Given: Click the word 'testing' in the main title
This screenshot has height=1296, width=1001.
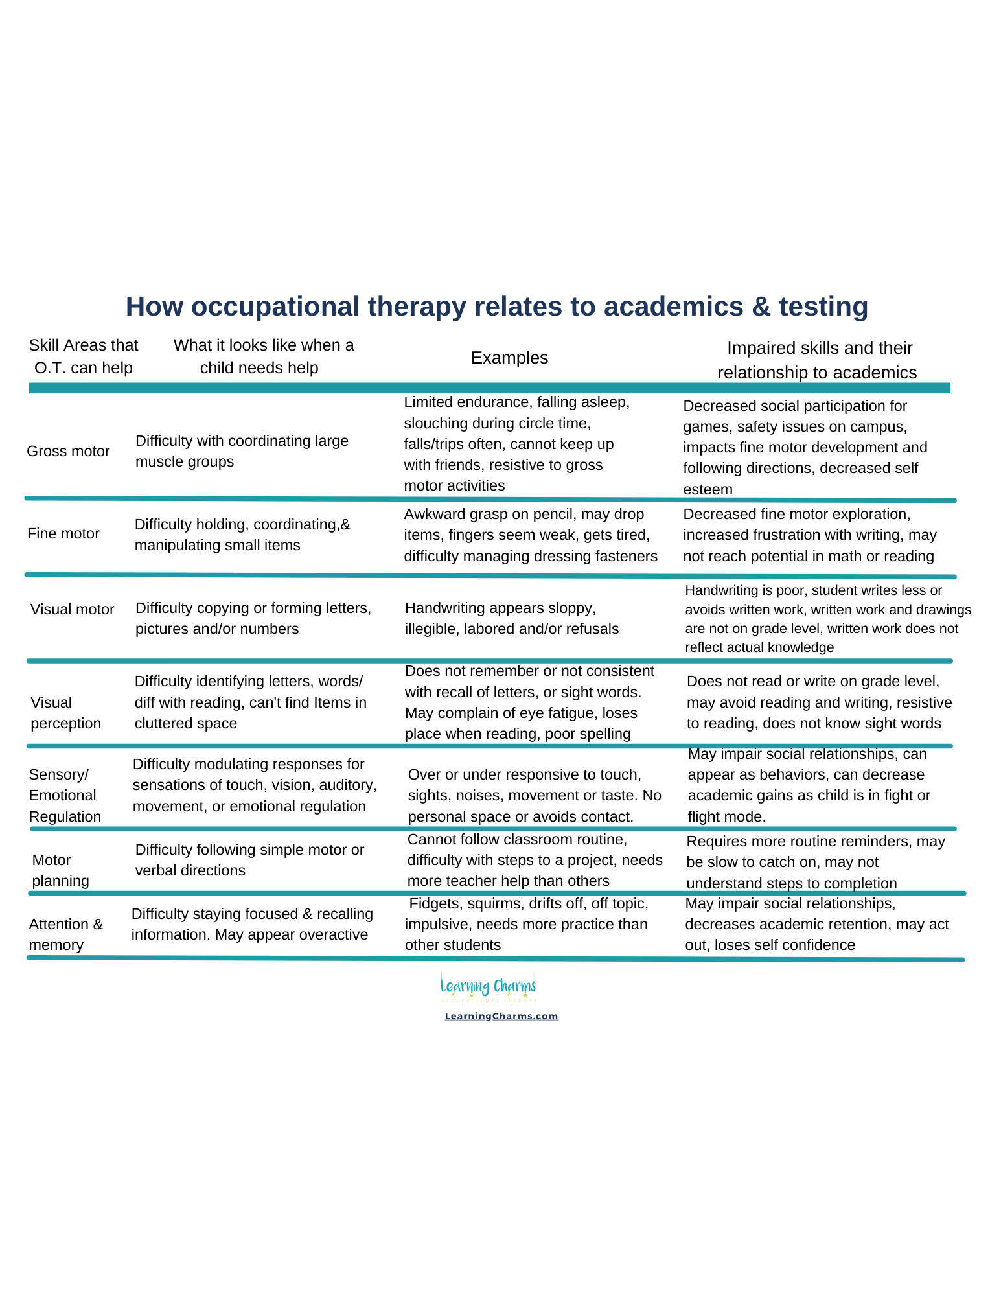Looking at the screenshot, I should tap(823, 307).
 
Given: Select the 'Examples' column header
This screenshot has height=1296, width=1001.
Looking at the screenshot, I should tap(509, 358).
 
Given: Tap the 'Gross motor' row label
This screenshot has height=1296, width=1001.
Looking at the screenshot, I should tap(68, 451).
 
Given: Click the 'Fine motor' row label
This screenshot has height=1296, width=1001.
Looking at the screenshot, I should tap(63, 533).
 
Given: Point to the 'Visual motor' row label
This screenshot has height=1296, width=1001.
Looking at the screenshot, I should tap(72, 609).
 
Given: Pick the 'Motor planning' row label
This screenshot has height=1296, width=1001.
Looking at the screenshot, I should tap(60, 870).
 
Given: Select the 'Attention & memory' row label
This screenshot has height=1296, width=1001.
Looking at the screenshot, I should tap(65, 934).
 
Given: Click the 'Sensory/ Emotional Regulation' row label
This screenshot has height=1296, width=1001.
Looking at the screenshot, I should tap(64, 795).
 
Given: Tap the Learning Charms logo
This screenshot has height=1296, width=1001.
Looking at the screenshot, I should tap(489, 987).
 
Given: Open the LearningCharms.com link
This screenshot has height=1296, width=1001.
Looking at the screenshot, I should tap(501, 1016).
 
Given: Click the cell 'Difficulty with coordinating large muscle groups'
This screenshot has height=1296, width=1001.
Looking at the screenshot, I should tap(241, 451).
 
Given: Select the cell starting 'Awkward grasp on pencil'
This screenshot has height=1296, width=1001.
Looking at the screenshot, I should tap(530, 535).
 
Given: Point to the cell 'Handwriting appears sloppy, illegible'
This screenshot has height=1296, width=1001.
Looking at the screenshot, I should tap(511, 618).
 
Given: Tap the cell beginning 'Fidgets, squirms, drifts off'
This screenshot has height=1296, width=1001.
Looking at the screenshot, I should tap(526, 924).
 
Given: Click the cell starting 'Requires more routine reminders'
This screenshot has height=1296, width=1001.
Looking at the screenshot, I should tap(815, 862).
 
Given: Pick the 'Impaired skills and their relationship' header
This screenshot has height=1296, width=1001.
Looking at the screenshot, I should tap(818, 360).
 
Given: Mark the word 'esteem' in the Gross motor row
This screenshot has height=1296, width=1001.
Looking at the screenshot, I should tap(708, 489).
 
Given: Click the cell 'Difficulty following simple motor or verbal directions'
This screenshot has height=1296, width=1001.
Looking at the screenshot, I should tap(249, 860).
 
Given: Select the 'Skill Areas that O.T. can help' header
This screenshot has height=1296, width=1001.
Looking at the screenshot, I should tap(84, 356).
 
